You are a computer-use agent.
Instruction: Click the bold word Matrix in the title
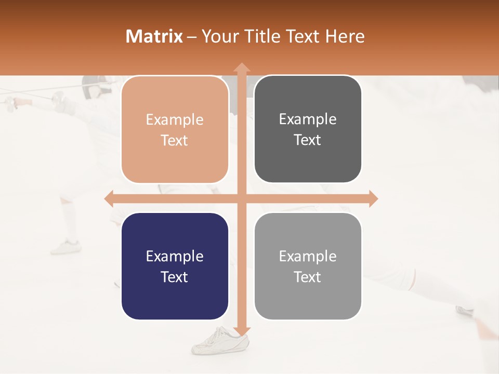(x=154, y=36)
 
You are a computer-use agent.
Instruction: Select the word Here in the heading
(x=345, y=36)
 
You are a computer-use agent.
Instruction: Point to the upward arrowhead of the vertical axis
(x=241, y=68)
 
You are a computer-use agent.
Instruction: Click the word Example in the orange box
(x=175, y=120)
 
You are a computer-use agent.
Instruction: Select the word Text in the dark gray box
(x=308, y=140)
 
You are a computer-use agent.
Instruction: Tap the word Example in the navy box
(x=175, y=256)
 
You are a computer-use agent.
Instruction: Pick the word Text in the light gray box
(x=308, y=277)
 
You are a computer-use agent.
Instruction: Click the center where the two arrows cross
(x=241, y=198)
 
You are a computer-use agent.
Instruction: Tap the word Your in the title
(x=218, y=36)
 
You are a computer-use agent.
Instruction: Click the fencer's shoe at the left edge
(x=67, y=246)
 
